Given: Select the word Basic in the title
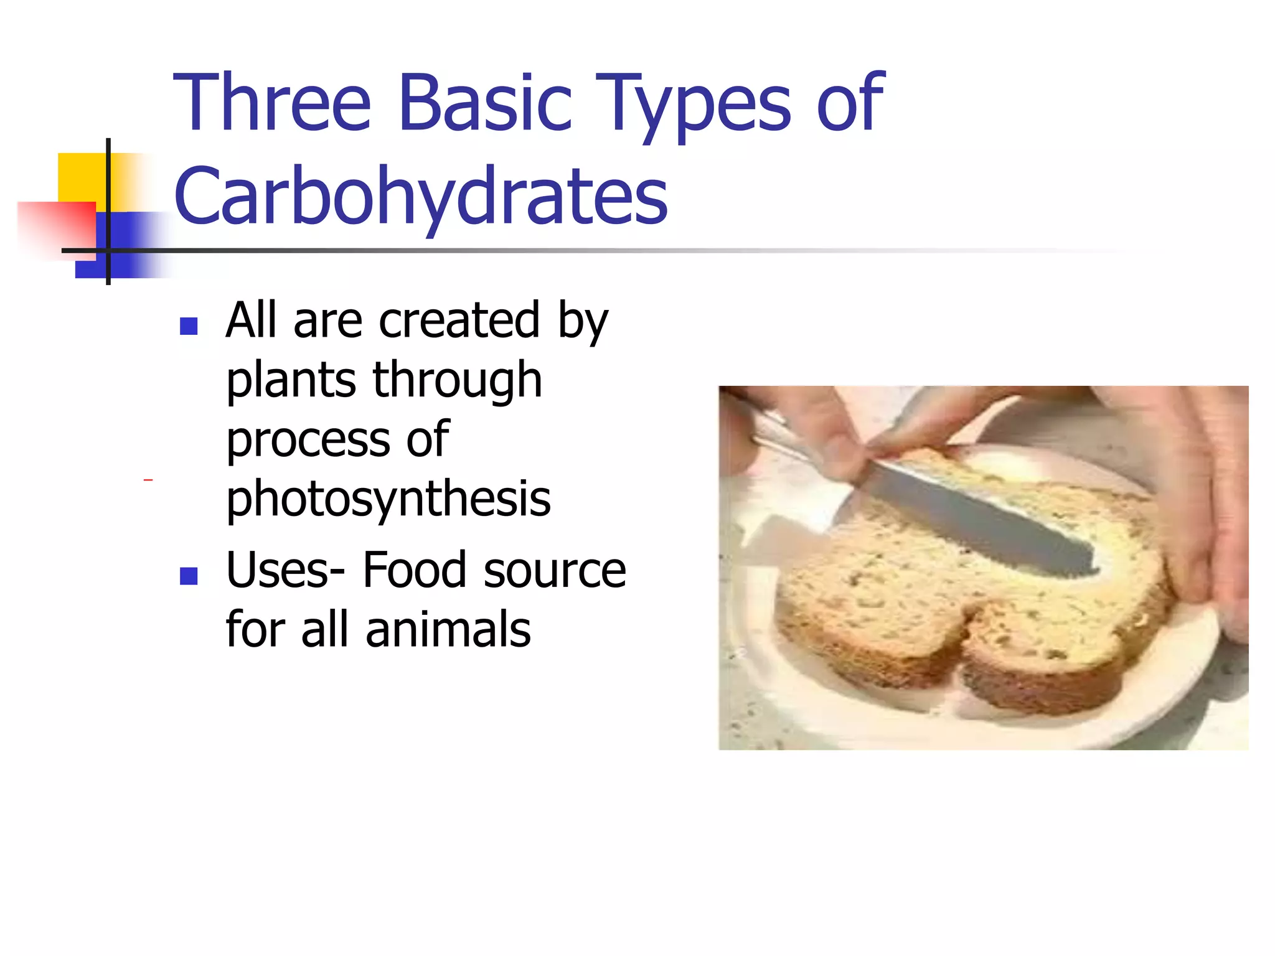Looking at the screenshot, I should tap(485, 103).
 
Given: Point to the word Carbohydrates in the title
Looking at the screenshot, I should tap(421, 196).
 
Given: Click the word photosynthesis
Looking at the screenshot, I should tap(388, 499).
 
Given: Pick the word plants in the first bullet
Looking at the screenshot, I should tap(290, 381).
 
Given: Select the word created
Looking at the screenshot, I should tap(459, 321).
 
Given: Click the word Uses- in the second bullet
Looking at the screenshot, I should tap(285, 570).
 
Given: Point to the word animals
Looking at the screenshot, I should tap(448, 630).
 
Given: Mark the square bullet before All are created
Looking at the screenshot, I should tap(188, 326).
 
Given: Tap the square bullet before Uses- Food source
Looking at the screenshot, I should tap(188, 576).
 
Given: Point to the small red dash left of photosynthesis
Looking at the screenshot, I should tap(148, 480).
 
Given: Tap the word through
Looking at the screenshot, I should tap(457, 381).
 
